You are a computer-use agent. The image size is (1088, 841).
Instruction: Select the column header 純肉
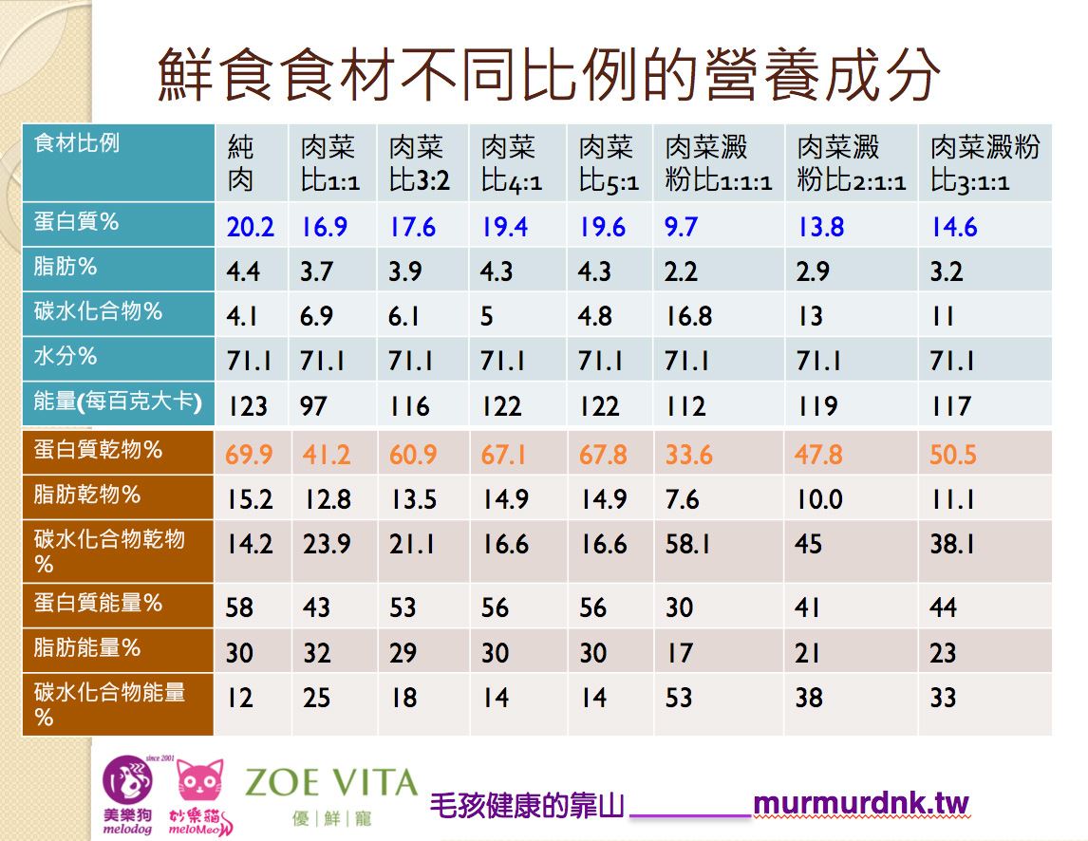tap(241, 162)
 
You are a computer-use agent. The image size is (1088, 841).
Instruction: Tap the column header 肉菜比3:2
tap(418, 162)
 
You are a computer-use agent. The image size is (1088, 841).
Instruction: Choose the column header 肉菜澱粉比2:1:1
tap(851, 162)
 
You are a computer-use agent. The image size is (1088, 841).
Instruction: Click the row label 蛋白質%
tap(76, 222)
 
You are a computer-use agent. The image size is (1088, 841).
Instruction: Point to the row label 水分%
tap(66, 357)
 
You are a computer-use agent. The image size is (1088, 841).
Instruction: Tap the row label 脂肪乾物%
tap(87, 495)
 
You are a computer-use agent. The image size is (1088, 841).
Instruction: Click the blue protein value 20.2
tap(250, 228)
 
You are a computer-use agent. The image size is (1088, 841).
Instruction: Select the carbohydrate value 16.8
tap(688, 316)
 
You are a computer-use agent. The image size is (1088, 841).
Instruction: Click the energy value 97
tap(314, 406)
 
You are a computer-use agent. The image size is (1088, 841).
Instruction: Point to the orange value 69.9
tap(249, 455)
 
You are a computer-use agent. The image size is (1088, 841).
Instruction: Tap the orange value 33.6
tap(688, 455)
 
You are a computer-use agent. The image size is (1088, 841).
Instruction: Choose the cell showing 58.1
tap(688, 544)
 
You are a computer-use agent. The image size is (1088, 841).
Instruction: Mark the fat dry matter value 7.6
tap(682, 499)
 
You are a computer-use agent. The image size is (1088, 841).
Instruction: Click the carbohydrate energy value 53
tap(679, 699)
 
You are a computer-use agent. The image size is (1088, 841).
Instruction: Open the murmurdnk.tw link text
tap(860, 805)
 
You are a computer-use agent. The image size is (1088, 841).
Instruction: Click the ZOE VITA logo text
tap(330, 784)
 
